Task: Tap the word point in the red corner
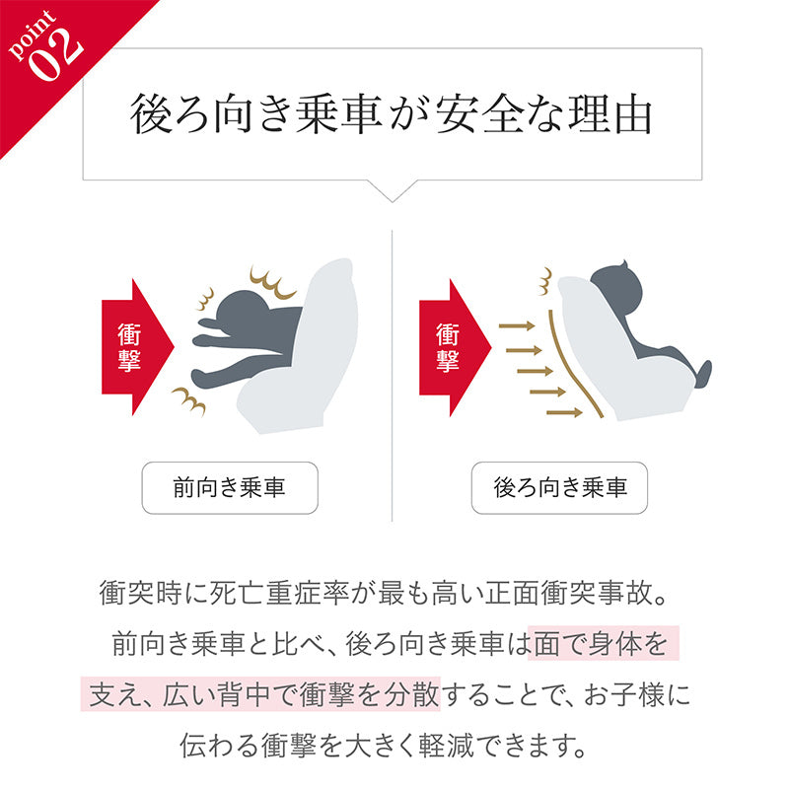[x=32, y=35]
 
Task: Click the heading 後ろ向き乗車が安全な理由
[x=391, y=114]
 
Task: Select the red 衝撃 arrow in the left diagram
[x=137, y=347]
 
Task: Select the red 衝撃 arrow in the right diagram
[x=455, y=347]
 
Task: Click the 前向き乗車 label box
[x=230, y=487]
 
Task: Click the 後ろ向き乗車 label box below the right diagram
[x=559, y=487]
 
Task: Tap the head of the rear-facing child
[x=617, y=288]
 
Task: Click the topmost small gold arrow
[x=517, y=325]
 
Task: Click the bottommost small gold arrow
[x=564, y=413]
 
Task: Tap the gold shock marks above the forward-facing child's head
[x=272, y=283]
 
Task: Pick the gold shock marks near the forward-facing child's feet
[x=189, y=400]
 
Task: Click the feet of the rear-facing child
[x=703, y=374]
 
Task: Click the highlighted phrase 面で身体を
[x=601, y=644]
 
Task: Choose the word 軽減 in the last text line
[x=447, y=746]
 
